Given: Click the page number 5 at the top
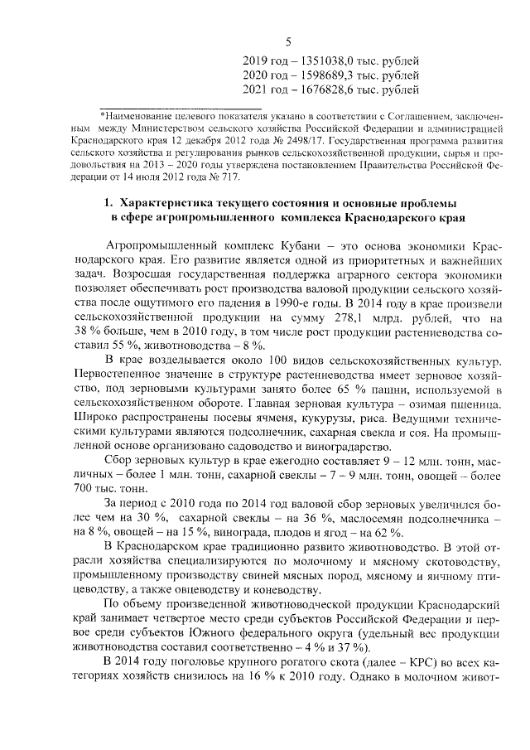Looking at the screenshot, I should pyautogui.click(x=288, y=43).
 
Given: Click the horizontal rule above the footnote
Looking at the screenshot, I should pyautogui.click(x=180, y=109).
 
